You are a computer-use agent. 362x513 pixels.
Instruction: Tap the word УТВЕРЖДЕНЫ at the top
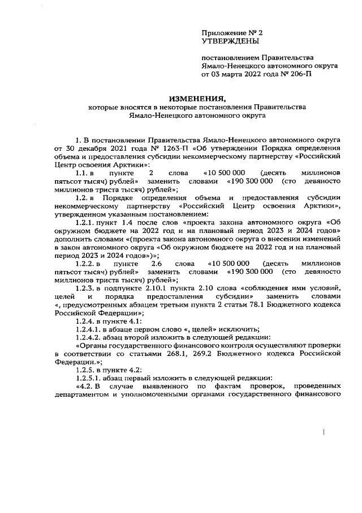pos(230,42)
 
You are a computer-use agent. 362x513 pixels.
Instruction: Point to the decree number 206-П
pos(300,74)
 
